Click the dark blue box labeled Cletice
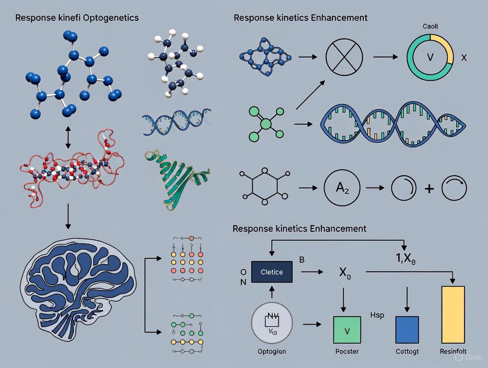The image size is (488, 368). (272, 272)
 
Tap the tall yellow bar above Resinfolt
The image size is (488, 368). (453, 314)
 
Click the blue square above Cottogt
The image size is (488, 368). (407, 330)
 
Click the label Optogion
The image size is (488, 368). (271, 352)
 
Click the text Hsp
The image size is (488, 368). (377, 315)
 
